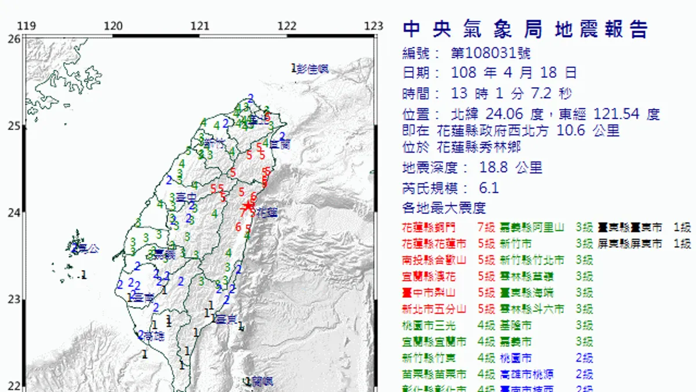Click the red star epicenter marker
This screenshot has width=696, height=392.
click(x=248, y=206)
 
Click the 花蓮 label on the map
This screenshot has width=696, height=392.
click(x=266, y=213)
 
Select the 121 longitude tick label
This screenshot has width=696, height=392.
click(x=200, y=26)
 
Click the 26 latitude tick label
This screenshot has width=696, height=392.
click(x=14, y=39)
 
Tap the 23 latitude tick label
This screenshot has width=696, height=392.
click(x=14, y=300)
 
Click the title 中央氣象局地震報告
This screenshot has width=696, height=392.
click(x=525, y=30)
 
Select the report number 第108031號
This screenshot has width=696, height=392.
click(x=490, y=54)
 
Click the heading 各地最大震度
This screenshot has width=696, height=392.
click(x=444, y=207)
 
